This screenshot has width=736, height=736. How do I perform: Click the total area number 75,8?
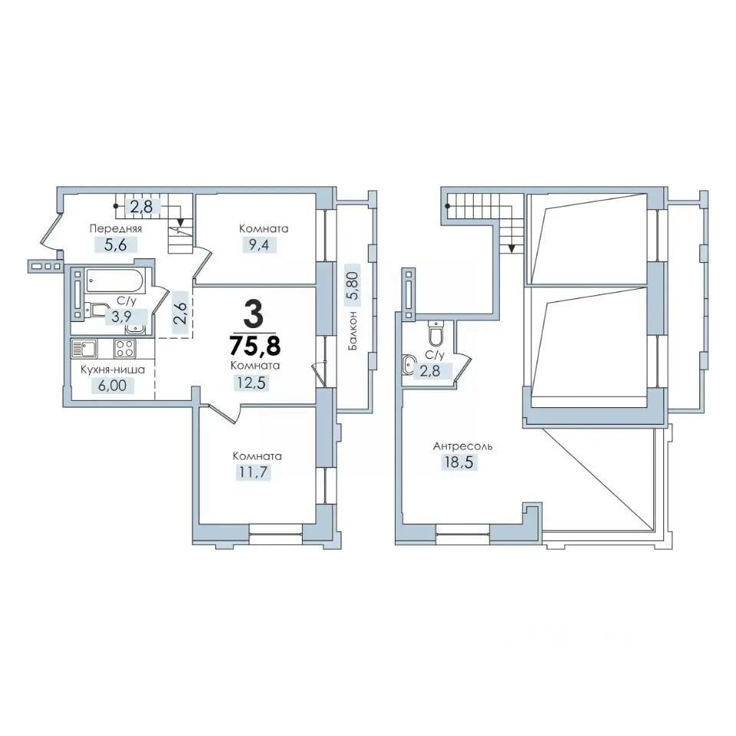tap(255, 346)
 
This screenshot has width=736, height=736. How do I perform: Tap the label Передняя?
tap(116, 228)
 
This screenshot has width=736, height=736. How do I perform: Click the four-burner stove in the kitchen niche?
tap(125, 349)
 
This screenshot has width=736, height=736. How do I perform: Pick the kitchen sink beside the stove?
tap(84, 349)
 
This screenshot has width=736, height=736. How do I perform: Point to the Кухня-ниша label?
tap(113, 370)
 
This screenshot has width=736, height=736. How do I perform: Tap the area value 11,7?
tap(253, 472)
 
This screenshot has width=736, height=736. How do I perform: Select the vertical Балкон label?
tap(353, 330)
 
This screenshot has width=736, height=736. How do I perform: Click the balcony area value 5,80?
tap(353, 286)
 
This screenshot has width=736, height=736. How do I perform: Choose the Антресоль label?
tap(463, 446)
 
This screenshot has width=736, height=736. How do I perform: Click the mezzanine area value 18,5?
tap(458, 462)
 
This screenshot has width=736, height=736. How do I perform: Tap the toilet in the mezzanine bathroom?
tap(435, 333)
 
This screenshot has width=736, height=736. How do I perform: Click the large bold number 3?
tap(254, 315)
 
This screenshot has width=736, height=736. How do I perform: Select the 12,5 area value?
tap(251, 383)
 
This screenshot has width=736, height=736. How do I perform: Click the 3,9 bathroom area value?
tap(122, 317)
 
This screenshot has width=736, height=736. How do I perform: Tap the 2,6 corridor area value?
tap(181, 313)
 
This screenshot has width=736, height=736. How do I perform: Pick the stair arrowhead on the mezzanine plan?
tap(511, 248)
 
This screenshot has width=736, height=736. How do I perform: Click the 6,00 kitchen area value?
tap(112, 386)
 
